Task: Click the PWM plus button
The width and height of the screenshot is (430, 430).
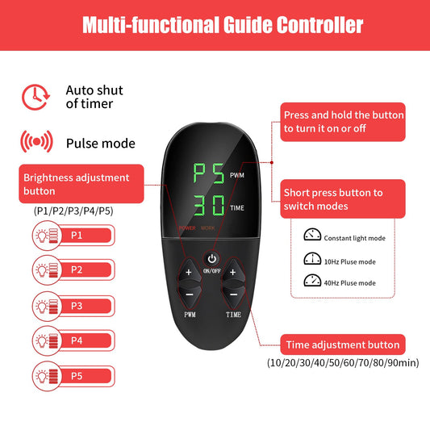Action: click(x=189, y=271)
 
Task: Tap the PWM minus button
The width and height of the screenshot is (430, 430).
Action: click(x=190, y=295)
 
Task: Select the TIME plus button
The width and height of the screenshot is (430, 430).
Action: click(x=233, y=271)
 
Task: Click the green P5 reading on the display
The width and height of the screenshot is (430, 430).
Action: click(x=208, y=173)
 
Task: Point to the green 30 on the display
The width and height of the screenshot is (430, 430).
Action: click(x=209, y=205)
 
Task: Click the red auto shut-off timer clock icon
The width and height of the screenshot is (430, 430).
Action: click(x=36, y=97)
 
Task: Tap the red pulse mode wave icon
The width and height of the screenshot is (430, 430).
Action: click(x=36, y=141)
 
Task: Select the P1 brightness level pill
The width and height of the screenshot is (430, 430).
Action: click(x=73, y=236)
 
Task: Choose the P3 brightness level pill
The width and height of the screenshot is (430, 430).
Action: click(x=73, y=306)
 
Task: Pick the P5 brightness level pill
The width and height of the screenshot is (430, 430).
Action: click(x=73, y=376)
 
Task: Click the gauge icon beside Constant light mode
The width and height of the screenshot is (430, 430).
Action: click(x=312, y=235)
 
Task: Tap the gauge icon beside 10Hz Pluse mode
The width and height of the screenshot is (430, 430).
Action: click(x=312, y=258)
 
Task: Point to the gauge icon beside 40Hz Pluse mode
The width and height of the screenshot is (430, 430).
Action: click(x=312, y=280)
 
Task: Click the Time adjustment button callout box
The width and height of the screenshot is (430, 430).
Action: click(x=343, y=344)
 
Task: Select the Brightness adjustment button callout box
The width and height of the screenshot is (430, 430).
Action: click(x=81, y=184)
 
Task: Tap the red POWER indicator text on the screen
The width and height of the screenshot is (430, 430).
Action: click(x=187, y=228)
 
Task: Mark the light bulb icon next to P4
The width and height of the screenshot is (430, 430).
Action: click(x=42, y=341)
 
